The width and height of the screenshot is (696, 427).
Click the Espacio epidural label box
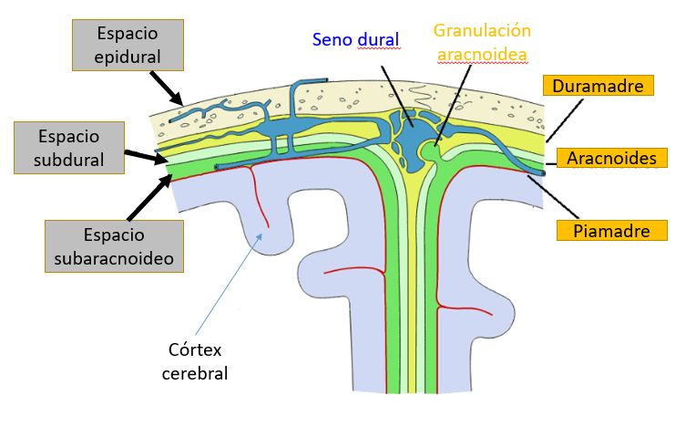[x=127, y=45]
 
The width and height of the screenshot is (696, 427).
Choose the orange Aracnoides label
[x=611, y=158]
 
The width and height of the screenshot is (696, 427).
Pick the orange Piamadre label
[x=611, y=229]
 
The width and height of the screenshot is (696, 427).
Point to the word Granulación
[x=482, y=30]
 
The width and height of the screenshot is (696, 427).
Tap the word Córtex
[x=195, y=350]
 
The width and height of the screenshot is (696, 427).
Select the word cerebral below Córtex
[x=195, y=373]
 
